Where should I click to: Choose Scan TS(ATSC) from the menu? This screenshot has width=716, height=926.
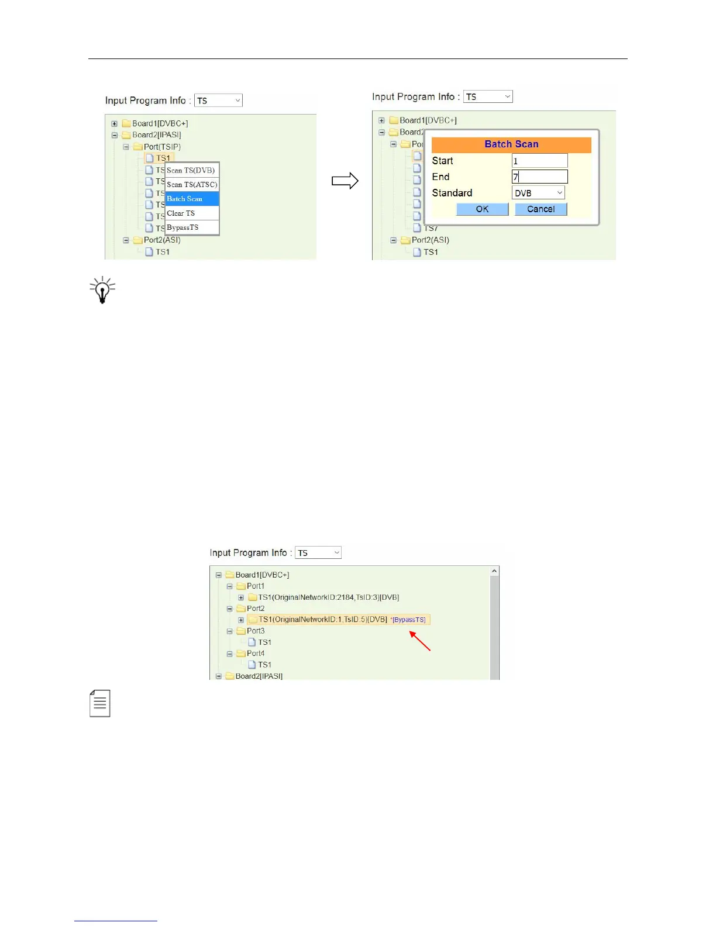192,185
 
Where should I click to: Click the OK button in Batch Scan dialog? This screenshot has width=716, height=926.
482,209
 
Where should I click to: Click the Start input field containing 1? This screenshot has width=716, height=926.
539,161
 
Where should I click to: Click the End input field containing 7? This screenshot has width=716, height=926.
539,177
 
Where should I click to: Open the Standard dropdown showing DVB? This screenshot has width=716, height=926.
538,193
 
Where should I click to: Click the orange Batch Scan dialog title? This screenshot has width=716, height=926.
511,144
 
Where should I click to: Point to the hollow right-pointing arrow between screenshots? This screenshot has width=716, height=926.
345,181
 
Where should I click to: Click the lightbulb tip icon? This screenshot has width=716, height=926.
102,290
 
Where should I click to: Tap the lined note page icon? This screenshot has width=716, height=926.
100,703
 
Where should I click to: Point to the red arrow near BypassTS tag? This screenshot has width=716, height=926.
420,641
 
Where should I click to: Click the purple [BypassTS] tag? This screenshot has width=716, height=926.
409,620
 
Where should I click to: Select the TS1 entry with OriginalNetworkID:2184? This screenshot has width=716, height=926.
328,597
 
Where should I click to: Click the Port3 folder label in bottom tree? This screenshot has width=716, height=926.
256,631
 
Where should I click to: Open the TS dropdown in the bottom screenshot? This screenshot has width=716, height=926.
318,552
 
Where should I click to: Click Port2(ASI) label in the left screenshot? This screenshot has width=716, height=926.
162,240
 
